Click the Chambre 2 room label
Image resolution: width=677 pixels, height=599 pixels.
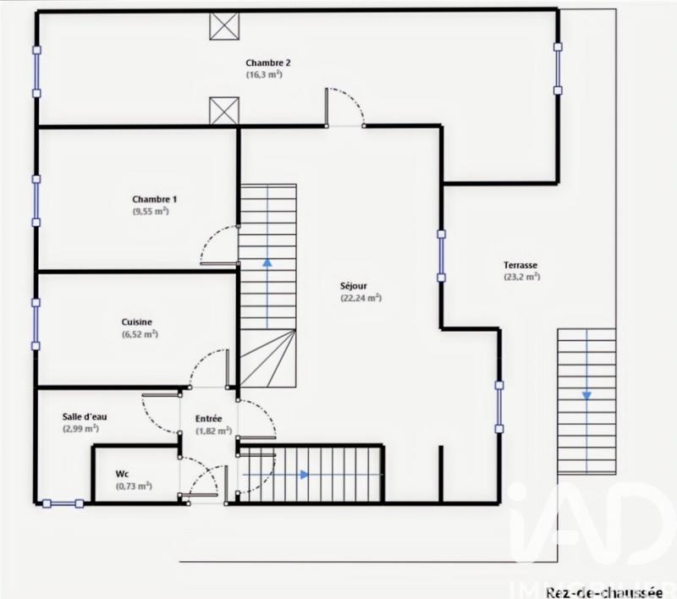(268, 63)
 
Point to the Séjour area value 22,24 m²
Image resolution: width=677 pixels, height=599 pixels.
(361, 298)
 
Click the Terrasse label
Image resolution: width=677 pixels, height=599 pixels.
(520, 264)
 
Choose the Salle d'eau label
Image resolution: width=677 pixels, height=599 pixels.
(84, 417)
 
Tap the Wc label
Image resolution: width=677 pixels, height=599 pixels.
(122, 475)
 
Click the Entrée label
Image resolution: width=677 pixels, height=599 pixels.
(208, 418)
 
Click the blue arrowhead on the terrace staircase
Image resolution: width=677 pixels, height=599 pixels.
(586, 394)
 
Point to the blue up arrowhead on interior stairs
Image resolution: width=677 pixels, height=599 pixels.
(267, 262)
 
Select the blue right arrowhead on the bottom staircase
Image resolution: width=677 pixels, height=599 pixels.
(304, 475)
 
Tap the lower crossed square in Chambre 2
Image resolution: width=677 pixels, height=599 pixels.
(224, 111)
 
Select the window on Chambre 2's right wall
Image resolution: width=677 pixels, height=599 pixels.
(558, 69)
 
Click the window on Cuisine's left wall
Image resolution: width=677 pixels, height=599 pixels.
(36, 323)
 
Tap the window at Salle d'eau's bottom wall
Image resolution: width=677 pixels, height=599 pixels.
(63, 503)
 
